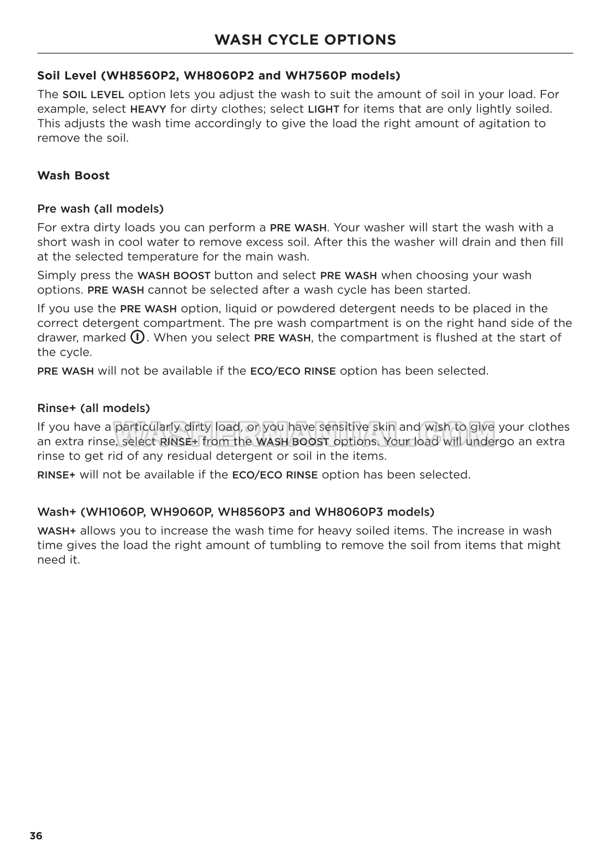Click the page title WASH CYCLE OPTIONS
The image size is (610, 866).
pos(305,40)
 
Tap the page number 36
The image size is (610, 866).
pos(36,835)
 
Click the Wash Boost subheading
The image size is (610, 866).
pos(73,176)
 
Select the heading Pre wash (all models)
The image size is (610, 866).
pos(100,208)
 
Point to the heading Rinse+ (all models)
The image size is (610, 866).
pos(93,408)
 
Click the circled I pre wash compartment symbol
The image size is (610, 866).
pos(137,337)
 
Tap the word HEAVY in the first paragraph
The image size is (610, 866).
pos(148,109)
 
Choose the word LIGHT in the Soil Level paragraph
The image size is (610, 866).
pos(324,109)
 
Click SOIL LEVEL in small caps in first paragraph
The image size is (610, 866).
pos(93,94)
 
